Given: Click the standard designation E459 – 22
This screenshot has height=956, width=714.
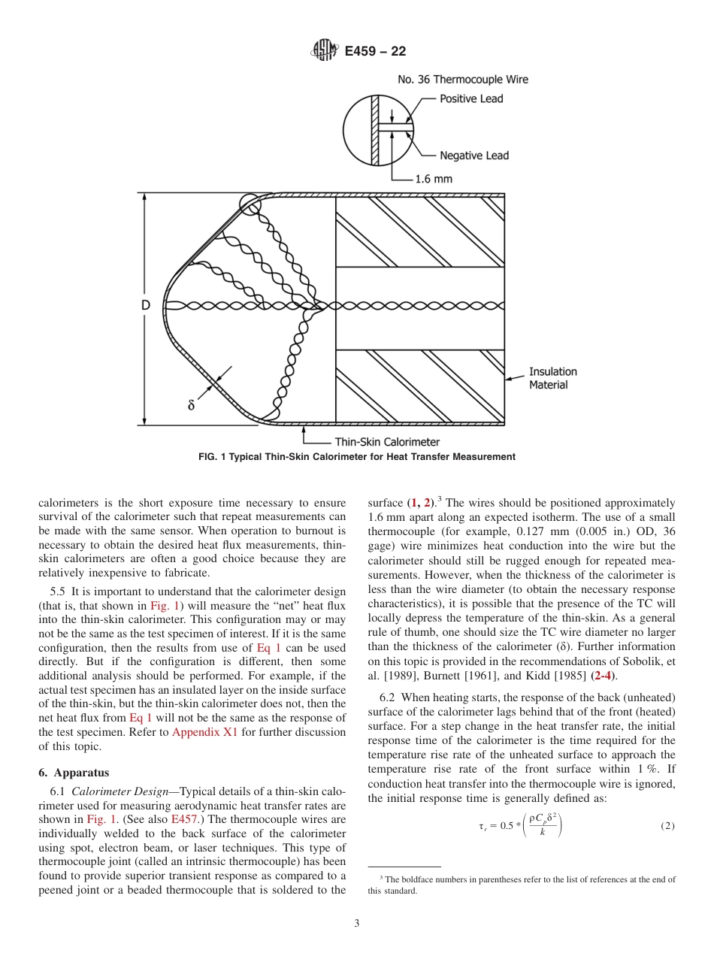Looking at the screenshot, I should point(375,52).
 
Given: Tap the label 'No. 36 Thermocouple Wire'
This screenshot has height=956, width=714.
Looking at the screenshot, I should point(462,80).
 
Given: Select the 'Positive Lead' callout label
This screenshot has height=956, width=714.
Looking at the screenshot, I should point(471,99).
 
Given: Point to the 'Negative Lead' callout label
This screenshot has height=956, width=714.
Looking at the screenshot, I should point(473,156).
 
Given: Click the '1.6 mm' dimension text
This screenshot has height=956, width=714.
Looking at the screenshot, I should point(434,180).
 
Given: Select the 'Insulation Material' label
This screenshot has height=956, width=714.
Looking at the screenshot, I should point(552,378).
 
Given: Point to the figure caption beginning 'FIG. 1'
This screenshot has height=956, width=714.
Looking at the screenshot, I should point(357,457).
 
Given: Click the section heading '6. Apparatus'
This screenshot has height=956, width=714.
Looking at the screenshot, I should point(74,772).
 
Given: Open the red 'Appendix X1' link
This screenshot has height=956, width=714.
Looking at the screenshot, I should point(204,732).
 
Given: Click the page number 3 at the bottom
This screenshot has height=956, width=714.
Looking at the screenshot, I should point(357,923).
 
